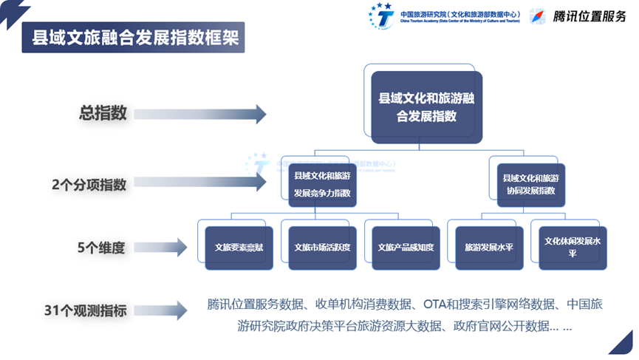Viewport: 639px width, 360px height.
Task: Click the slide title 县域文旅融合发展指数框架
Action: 131,38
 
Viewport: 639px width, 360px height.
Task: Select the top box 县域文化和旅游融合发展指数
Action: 426,106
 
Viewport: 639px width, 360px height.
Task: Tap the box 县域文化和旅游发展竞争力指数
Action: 322,186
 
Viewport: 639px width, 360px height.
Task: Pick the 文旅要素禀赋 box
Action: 239,247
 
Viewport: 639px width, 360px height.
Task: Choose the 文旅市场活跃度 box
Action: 322,247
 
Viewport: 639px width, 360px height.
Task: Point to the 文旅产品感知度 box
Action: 405,247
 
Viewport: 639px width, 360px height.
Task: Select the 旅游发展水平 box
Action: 488,247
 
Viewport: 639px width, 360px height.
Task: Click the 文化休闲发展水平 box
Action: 572,247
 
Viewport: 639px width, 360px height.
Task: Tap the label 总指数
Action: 103,114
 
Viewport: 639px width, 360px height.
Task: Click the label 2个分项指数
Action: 89,185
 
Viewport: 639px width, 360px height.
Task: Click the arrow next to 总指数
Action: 199,114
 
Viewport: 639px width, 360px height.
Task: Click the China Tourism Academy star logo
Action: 381,16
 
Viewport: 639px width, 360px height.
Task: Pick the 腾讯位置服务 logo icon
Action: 539,16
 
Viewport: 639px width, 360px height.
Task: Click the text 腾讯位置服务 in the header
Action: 590,17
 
